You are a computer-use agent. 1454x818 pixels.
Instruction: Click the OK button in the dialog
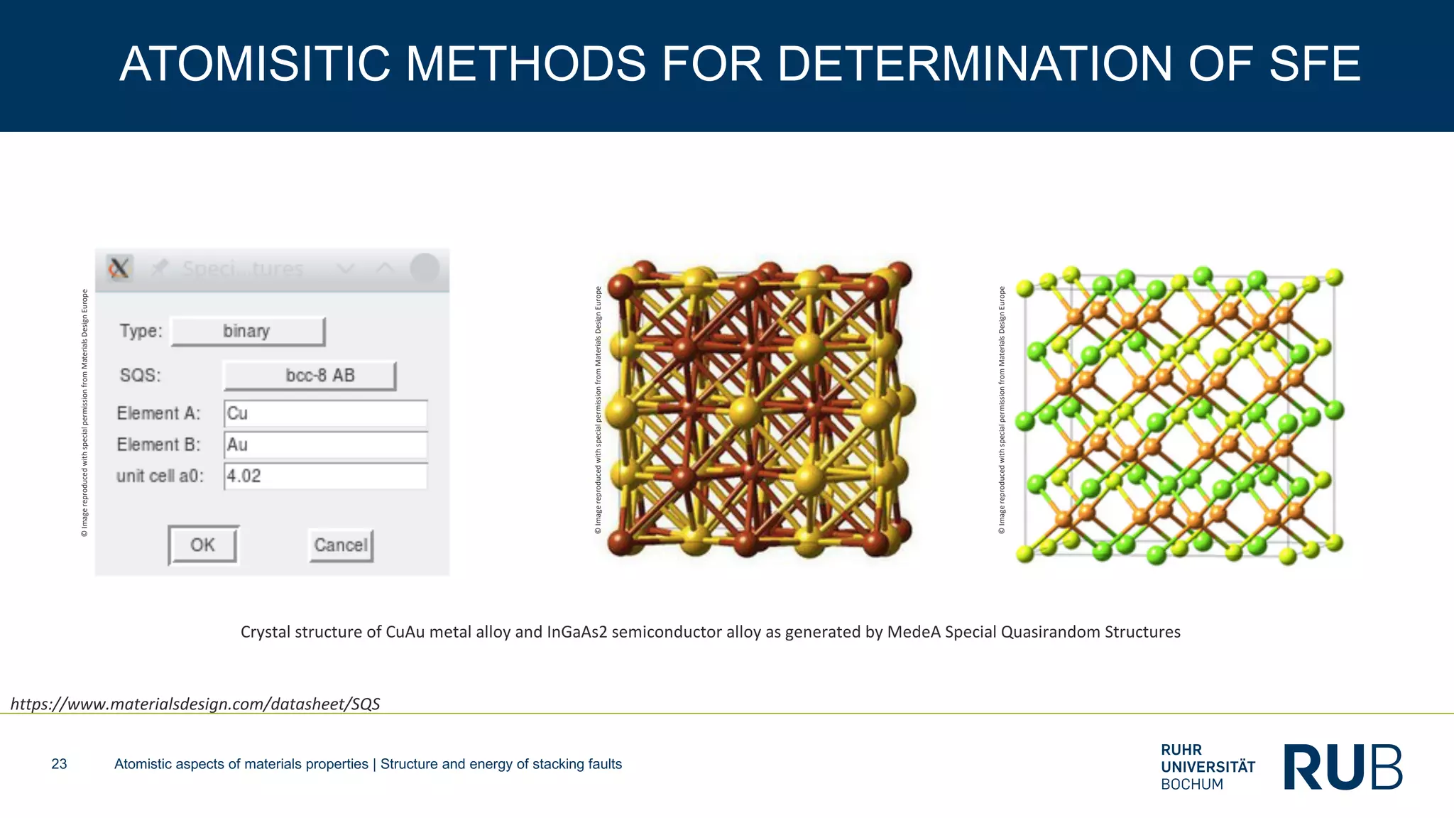[x=203, y=545]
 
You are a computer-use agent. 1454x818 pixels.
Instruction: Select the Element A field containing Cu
[x=325, y=413]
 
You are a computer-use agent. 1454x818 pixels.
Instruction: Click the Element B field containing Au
[x=325, y=445]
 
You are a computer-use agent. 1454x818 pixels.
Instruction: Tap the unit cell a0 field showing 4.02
[x=325, y=476]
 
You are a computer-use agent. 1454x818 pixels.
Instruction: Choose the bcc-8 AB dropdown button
[x=310, y=376]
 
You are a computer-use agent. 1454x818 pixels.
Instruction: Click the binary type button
[x=248, y=332]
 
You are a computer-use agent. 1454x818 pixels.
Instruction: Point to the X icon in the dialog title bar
[x=119, y=268]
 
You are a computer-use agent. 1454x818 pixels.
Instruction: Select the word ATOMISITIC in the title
[x=255, y=65]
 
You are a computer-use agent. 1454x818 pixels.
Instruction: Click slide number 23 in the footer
[x=59, y=764]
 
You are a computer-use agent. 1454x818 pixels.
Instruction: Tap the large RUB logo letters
[x=1343, y=767]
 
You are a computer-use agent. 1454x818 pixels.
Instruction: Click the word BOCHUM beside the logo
[x=1192, y=785]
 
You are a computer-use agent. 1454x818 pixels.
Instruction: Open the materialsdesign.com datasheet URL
[x=195, y=704]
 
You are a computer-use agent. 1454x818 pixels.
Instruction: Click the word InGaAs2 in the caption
[x=577, y=632]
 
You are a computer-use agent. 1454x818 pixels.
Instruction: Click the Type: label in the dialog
[x=141, y=331]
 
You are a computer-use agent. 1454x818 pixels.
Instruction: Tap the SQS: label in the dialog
[x=141, y=375]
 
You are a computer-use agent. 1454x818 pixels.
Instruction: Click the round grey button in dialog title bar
[x=425, y=268]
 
